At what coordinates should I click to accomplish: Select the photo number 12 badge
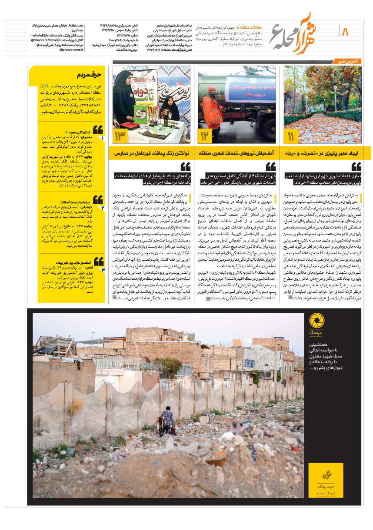206,137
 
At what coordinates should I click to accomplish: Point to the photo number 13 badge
120,137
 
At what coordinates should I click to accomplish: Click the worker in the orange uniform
213,109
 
